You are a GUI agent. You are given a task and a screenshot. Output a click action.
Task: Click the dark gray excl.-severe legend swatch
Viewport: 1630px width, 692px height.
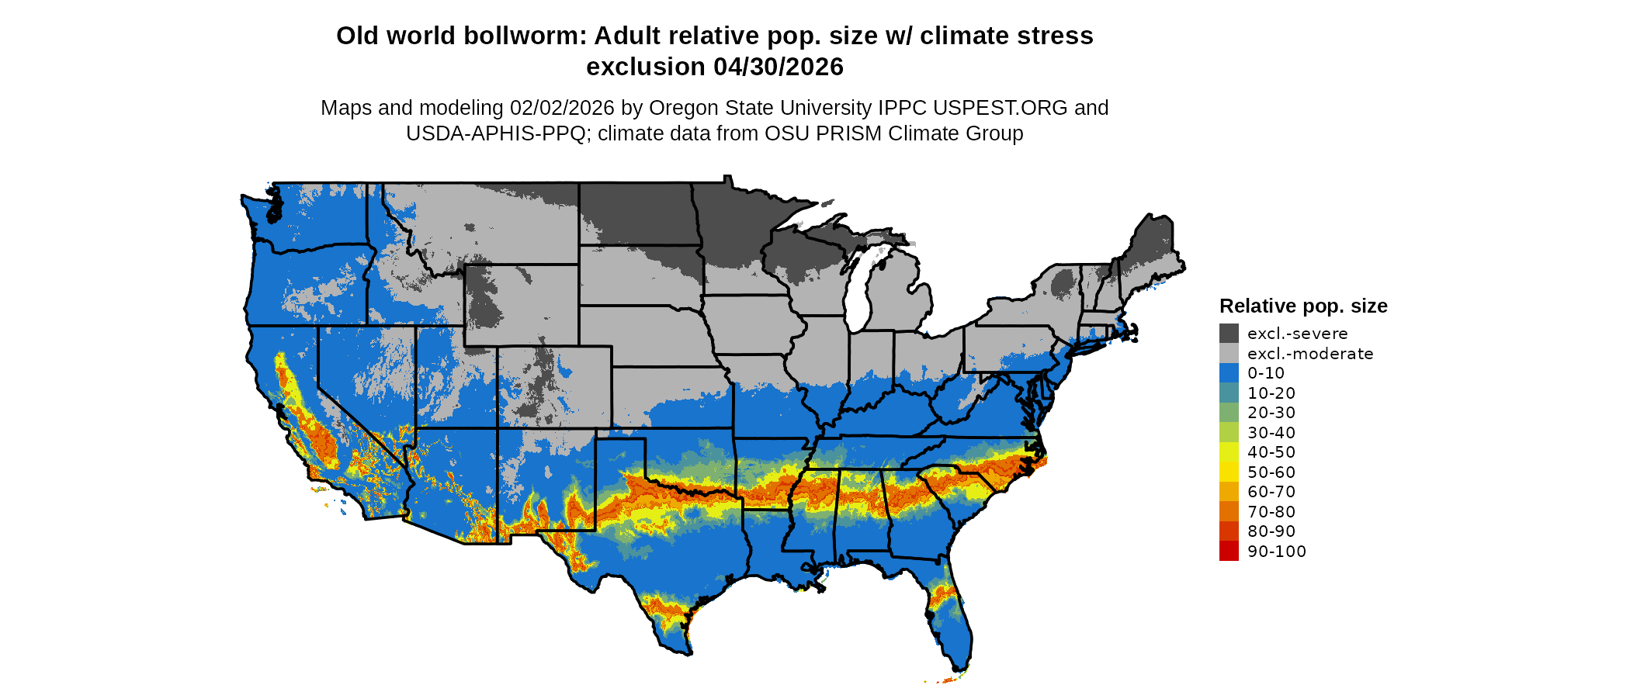(1229, 334)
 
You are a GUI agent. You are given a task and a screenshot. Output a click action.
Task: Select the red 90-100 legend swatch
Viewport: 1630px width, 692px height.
(1229, 551)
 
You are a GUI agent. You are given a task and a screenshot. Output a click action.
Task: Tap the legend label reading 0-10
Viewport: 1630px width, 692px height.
(1266, 373)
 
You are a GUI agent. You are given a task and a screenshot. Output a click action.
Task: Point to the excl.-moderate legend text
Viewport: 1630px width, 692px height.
(1310, 354)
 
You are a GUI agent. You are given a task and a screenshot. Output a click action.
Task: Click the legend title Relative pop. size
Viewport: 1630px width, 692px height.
(1303, 306)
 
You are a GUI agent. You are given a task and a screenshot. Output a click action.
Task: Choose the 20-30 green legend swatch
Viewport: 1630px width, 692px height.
(1229, 413)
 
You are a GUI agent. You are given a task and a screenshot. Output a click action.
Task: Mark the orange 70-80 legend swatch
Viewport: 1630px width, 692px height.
(1229, 511)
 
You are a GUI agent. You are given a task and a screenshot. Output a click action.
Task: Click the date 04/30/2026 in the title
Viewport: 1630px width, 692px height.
(779, 67)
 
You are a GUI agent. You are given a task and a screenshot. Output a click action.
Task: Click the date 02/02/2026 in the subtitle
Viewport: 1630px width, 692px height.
(562, 108)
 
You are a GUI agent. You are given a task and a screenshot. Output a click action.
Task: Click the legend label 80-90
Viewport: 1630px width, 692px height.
(1271, 531)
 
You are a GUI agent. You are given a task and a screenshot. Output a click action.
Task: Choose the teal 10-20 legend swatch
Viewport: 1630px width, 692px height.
(1229, 393)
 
